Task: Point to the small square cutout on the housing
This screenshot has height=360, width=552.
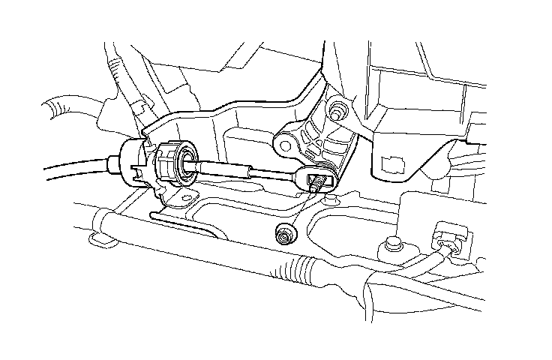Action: (x=390, y=163)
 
